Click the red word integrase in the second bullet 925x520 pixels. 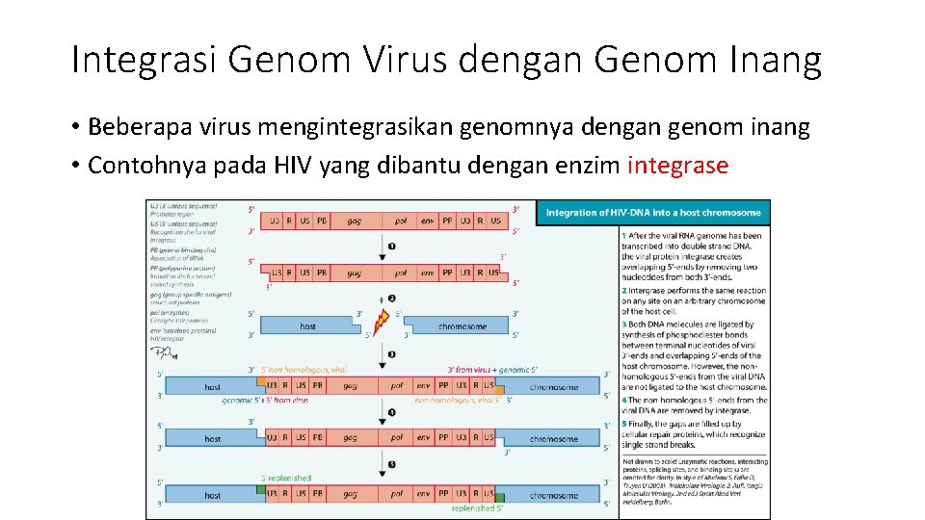[677, 165]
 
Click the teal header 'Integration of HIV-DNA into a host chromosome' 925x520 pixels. [653, 212]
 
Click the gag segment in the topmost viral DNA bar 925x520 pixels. [355, 221]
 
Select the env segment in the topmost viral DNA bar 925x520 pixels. [426, 221]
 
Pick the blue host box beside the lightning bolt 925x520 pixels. [307, 326]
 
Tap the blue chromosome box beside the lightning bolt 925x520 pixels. [462, 326]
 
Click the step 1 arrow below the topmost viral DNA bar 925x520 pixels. [391, 247]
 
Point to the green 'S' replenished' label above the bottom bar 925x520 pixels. [286, 478]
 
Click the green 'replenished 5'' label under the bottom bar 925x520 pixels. [473, 507]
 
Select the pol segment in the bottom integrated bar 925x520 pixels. [397, 495]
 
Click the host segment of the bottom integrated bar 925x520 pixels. [212, 495]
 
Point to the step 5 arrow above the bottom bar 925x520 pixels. [391, 464]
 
